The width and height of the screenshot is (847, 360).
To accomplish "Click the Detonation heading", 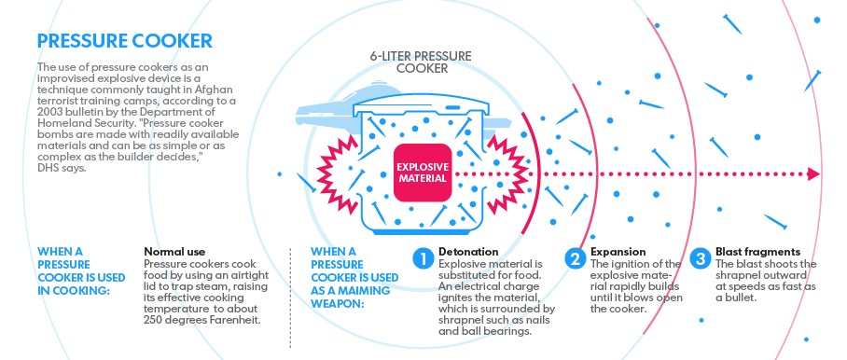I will click(468, 252).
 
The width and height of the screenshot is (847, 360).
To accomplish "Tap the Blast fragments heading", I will click(757, 252).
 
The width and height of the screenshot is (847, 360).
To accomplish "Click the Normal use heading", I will click(174, 252).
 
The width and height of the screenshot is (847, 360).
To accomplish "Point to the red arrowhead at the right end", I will click(813, 174).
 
